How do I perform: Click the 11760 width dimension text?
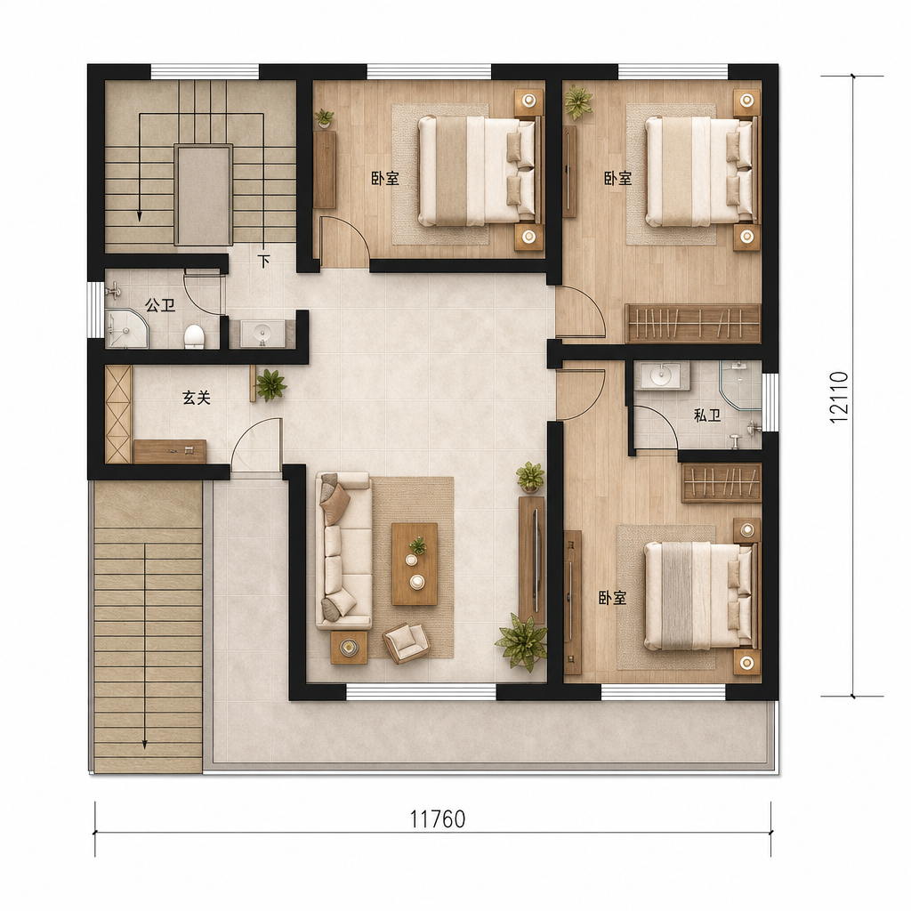tap(438, 818)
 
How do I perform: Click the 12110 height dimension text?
tap(839, 398)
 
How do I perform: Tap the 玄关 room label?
tap(196, 398)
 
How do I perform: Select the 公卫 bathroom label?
tap(160, 304)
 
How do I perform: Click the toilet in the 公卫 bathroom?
tap(193, 336)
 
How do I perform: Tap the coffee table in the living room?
tap(415, 563)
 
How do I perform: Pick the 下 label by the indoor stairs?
tap(264, 261)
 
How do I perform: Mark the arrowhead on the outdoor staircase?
tap(145, 745)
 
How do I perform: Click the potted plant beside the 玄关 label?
tap(270, 384)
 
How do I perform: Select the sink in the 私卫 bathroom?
tap(662, 375)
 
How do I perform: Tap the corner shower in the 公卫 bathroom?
tap(126, 329)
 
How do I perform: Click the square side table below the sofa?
tap(349, 647)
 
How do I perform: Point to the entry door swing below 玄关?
tap(255, 444)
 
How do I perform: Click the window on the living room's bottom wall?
tap(421, 691)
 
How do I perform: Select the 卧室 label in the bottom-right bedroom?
tap(612, 598)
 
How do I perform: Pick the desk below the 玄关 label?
tap(170, 451)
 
